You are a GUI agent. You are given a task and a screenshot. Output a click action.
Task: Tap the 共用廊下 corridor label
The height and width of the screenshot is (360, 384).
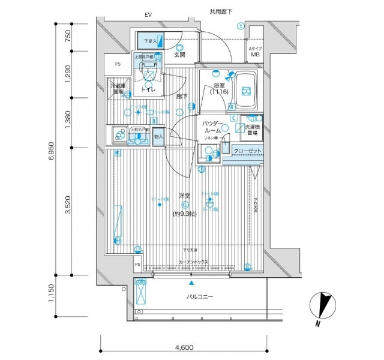[x=221, y=11]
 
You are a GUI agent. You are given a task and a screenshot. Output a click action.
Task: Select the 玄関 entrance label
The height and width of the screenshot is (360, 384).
[x=179, y=55]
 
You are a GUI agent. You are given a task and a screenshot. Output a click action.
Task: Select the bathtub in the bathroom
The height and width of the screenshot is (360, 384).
[x=245, y=90]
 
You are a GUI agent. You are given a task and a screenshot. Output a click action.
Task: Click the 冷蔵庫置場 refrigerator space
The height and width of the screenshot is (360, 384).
[x=117, y=89]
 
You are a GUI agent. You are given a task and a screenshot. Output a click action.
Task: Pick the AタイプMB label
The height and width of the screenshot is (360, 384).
[x=256, y=50]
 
